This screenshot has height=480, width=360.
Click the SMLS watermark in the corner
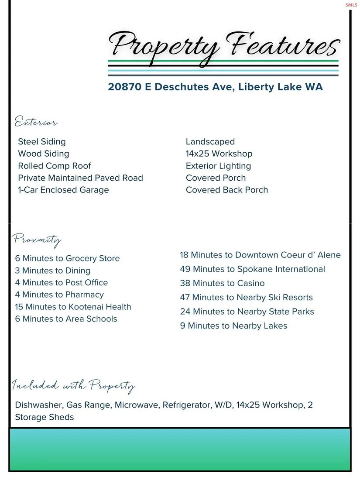click(351, 5)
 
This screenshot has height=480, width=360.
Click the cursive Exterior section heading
click(36, 122)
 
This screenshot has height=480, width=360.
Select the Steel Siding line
click(42, 142)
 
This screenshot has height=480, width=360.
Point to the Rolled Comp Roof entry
click(55, 166)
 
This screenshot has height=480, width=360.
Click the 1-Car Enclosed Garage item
click(63, 190)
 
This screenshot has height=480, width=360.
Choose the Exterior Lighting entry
click(218, 166)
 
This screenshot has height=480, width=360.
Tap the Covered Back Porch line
click(227, 190)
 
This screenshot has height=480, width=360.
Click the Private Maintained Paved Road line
click(80, 178)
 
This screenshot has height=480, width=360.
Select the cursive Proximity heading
click(37, 240)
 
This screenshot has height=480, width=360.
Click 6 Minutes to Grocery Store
click(67, 258)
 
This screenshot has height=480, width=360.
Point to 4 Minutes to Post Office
click(62, 283)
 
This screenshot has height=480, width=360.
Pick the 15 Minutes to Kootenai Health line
click(73, 307)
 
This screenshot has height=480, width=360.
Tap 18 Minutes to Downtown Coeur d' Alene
click(260, 255)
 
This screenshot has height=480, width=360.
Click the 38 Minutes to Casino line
click(222, 283)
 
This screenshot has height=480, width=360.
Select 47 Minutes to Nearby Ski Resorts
click(246, 298)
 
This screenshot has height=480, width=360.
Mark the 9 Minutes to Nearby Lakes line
click(233, 326)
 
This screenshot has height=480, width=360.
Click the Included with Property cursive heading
click(73, 386)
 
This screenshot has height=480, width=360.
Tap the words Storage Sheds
click(45, 417)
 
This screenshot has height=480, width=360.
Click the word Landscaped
click(210, 142)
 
